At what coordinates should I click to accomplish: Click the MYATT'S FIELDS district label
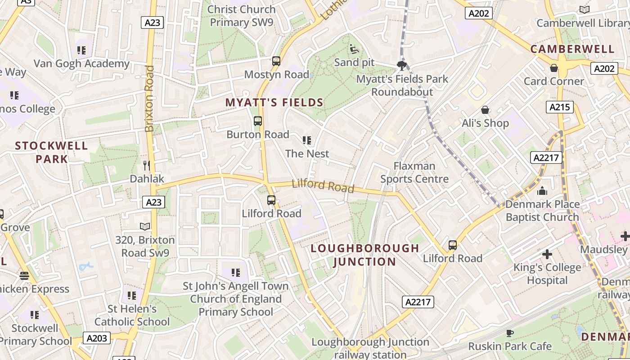(274, 103)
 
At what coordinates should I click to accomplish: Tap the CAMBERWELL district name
(572, 49)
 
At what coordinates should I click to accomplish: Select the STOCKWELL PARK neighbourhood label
(52, 152)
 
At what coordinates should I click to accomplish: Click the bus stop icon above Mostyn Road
(276, 61)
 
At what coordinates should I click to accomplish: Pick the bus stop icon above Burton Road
(258, 121)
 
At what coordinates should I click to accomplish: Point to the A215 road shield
(560, 107)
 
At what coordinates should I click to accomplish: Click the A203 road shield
(96, 337)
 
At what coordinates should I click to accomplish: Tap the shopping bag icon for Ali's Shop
(485, 110)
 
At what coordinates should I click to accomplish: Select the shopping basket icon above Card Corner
(554, 68)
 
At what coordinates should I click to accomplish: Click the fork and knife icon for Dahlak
(146, 165)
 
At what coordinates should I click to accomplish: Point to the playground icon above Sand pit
(354, 49)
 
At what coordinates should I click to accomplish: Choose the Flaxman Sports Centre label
(414, 172)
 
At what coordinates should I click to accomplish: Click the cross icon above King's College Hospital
(547, 254)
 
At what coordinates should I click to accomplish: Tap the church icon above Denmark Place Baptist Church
(542, 191)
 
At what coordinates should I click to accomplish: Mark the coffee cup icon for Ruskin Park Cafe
(509, 333)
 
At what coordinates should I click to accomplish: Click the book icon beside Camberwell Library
(585, 9)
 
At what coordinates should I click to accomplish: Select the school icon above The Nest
(307, 140)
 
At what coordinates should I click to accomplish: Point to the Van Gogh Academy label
(81, 63)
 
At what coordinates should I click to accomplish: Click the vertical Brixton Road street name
(150, 99)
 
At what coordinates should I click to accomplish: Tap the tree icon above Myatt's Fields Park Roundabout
(402, 66)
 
